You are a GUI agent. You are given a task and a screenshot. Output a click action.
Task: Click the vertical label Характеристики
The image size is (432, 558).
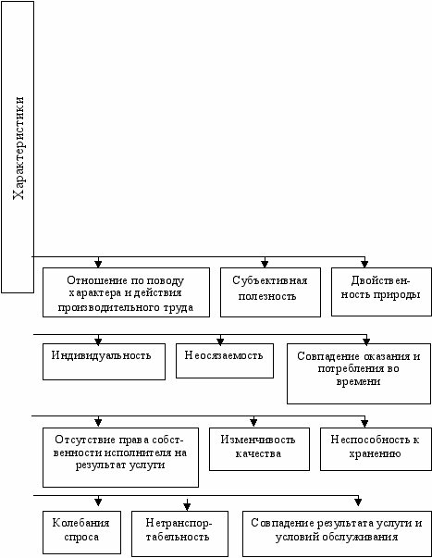(x=19, y=148)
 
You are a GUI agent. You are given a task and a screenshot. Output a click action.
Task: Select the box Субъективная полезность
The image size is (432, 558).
(x=270, y=292)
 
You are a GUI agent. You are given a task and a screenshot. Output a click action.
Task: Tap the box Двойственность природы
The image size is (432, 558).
(x=381, y=291)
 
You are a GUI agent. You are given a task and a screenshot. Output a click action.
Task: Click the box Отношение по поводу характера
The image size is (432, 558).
(x=126, y=292)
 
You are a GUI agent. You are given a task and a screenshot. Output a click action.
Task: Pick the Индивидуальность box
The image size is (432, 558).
(x=104, y=362)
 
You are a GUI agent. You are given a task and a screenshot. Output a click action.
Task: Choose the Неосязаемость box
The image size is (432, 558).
(x=225, y=361)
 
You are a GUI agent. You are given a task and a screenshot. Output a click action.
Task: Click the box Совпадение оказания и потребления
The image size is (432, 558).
(x=359, y=374)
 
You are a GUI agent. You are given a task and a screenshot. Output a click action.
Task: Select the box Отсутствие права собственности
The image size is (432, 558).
(x=120, y=457)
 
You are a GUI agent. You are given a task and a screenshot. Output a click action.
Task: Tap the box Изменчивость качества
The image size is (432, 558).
(x=259, y=449)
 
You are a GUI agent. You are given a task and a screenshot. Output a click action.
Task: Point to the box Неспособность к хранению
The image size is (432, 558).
(x=376, y=449)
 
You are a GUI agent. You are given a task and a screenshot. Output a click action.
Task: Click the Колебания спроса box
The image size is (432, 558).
(x=81, y=532)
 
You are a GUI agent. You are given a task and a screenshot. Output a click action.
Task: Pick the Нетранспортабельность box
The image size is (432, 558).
(x=179, y=533)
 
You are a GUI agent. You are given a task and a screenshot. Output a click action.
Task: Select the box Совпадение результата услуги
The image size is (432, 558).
(x=337, y=533)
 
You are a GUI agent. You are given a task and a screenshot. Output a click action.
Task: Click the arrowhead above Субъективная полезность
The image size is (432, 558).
(x=265, y=264)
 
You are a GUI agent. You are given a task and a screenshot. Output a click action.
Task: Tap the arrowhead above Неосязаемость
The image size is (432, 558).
(x=220, y=341)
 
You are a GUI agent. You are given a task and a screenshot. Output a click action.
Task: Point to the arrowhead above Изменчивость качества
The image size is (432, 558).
(x=253, y=422)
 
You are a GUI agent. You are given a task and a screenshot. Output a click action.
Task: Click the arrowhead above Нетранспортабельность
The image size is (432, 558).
(x=187, y=505)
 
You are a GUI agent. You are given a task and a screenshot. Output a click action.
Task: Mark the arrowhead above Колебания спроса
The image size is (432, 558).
(x=98, y=502)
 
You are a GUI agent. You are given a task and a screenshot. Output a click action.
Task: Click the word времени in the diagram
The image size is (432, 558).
(x=358, y=381)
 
